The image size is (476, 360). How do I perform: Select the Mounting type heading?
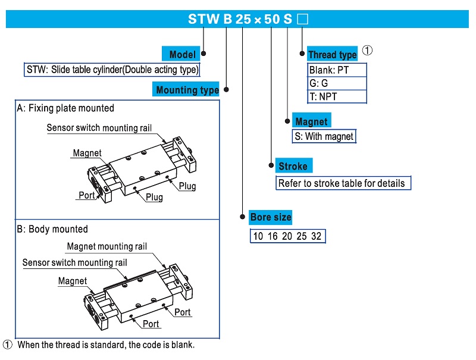[x=187, y=90]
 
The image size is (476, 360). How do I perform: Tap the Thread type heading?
[x=332, y=55]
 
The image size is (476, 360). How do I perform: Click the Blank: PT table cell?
[x=337, y=70]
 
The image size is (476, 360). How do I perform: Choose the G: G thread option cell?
[x=337, y=83]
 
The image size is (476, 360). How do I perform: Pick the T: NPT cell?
[x=337, y=96]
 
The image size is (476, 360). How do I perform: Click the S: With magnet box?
[x=324, y=136]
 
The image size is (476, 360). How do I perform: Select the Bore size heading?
[x=271, y=217]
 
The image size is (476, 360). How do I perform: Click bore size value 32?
[x=316, y=236]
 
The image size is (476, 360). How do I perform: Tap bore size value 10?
[x=258, y=236]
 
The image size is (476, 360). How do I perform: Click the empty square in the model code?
[x=302, y=19]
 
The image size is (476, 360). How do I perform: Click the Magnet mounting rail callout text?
[x=107, y=246]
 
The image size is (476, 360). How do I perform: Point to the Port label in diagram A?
[x=87, y=195]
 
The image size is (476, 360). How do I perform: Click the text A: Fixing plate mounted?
[x=65, y=108]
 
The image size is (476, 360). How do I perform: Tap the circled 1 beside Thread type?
[x=368, y=51]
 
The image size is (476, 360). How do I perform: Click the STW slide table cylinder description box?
[x=112, y=70]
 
